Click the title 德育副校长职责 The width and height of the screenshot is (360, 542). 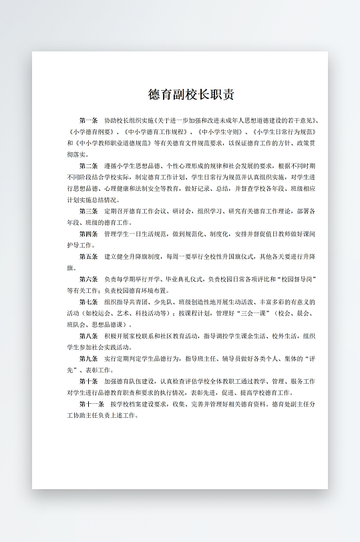click(x=191, y=94)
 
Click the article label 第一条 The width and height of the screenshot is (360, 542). click(x=88, y=120)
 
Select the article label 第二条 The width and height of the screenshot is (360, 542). click(x=88, y=166)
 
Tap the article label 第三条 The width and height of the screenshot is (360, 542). click(x=88, y=211)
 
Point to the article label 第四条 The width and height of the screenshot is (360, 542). click(x=88, y=234)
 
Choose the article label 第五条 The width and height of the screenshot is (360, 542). click(x=88, y=256)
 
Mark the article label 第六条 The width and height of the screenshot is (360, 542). click(x=88, y=279)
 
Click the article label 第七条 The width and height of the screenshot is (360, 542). click(x=88, y=302)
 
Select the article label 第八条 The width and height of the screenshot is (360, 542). click(x=88, y=336)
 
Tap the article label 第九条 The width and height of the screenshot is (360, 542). click(x=88, y=358)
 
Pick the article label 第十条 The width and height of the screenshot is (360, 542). click(x=88, y=381)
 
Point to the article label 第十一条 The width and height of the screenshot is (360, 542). click(x=91, y=404)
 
